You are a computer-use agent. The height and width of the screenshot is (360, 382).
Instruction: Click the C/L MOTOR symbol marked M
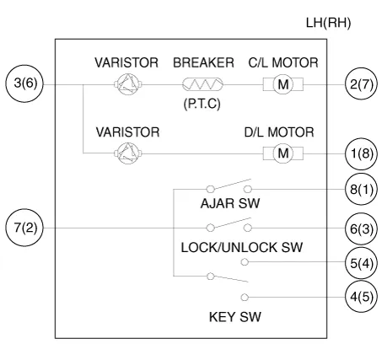click(283, 84)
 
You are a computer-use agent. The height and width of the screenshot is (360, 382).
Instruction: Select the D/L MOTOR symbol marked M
click(283, 153)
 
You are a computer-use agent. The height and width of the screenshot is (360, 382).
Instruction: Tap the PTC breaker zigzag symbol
click(202, 84)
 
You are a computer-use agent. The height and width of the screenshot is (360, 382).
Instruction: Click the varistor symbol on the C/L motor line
click(128, 84)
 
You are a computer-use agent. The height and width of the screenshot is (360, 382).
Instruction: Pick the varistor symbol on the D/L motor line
click(128, 153)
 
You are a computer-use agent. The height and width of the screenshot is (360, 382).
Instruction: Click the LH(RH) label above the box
click(328, 23)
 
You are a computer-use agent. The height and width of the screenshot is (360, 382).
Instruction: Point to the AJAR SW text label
click(230, 203)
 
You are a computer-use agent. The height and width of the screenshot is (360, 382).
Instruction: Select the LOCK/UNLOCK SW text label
click(242, 248)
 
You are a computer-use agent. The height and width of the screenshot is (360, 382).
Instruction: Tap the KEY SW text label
click(235, 317)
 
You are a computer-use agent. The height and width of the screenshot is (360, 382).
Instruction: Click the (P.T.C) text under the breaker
click(202, 104)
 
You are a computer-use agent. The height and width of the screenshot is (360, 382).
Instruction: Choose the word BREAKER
click(203, 62)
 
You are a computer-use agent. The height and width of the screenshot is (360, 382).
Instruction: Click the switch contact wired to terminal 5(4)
click(245, 262)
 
